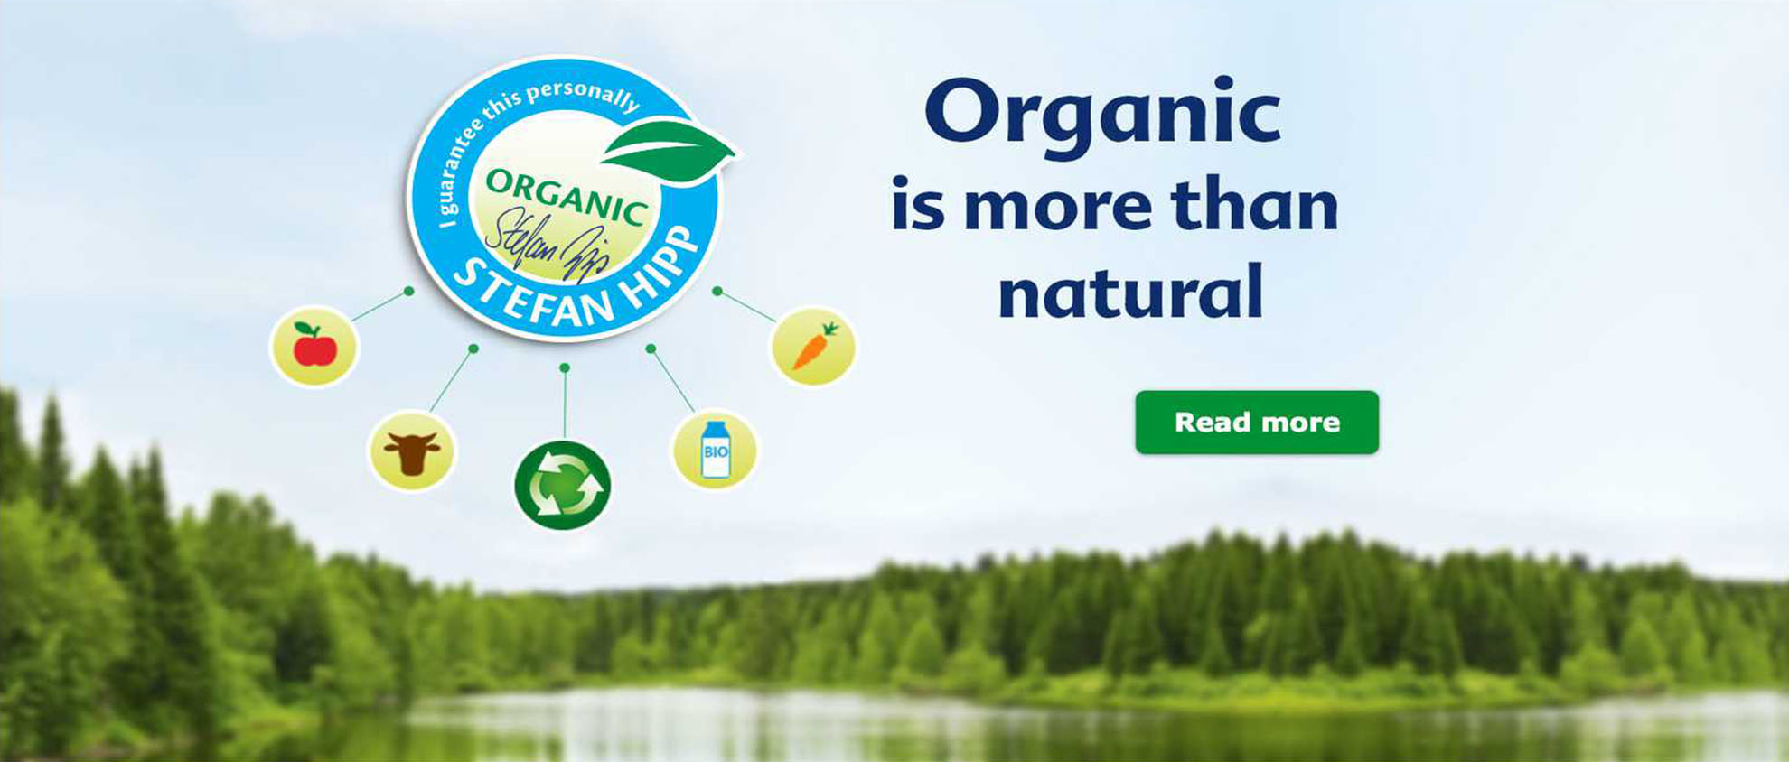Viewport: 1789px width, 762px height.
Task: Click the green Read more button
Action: (x=1257, y=422)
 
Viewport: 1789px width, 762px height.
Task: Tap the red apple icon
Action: (x=314, y=347)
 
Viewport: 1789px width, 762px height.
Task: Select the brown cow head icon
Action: (x=412, y=451)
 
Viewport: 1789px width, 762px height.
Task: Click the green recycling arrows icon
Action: (x=562, y=485)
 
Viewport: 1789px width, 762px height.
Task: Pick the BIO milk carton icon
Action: (x=715, y=450)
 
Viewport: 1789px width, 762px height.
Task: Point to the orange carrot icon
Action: (x=813, y=346)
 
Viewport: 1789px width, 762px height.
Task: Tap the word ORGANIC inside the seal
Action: (x=567, y=196)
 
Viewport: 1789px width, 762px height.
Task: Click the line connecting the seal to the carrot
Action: (x=745, y=306)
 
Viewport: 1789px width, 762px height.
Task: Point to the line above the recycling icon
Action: (x=565, y=403)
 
